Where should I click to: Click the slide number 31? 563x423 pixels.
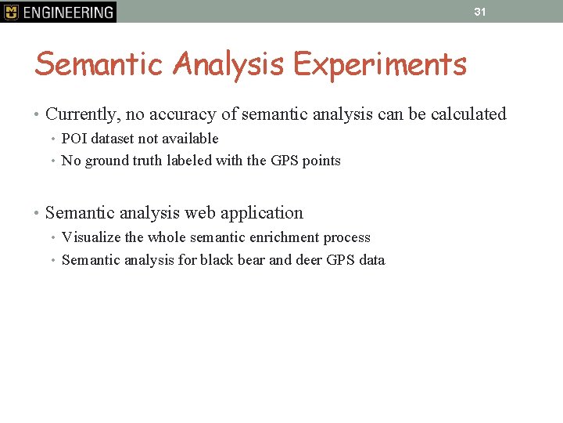point(480,12)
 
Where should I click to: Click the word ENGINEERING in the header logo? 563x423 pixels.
point(68,12)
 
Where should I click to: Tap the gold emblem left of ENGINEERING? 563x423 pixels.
point(11,12)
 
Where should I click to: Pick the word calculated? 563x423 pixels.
point(468,114)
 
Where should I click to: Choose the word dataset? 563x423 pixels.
point(114,139)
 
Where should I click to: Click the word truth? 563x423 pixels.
point(164,161)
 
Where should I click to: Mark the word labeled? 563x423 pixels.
point(208,161)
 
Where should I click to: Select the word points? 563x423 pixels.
point(321,161)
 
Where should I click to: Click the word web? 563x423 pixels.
point(199,213)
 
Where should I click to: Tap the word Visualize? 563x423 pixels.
point(92,237)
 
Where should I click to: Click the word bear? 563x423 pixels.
point(251,260)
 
